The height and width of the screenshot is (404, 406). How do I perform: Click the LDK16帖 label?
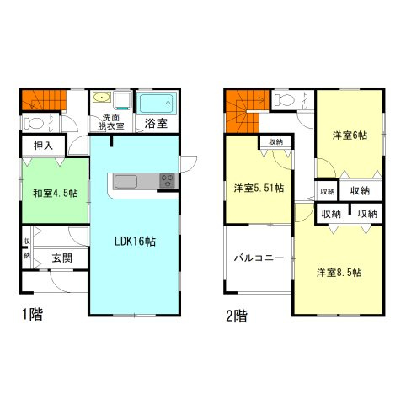(134, 241)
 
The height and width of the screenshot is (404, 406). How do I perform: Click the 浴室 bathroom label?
(155, 124)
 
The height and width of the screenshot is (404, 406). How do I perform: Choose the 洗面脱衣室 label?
(113, 121)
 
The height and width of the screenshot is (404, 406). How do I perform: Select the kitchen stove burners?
(166, 181)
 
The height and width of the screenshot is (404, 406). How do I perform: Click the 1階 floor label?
(33, 316)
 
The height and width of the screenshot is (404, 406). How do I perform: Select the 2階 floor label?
(236, 316)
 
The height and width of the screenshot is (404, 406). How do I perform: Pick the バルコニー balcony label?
(258, 258)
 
